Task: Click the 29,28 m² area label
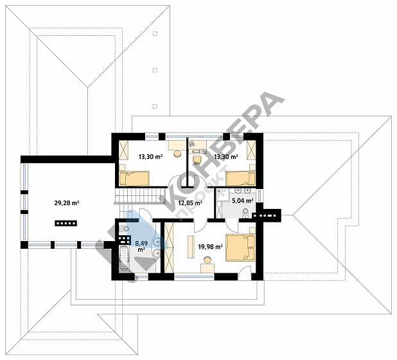point(67,203)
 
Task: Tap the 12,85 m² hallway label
point(190,203)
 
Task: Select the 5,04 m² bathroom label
point(243,201)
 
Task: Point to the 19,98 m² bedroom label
point(211,246)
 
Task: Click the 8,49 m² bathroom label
point(141,246)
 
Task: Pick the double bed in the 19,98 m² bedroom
point(240,248)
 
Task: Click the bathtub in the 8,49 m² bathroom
point(125,258)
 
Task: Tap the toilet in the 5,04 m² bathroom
point(245,212)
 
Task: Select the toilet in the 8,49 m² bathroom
point(123,230)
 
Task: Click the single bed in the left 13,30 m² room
point(134,179)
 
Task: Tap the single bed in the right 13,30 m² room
point(240,179)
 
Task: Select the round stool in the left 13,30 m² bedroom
point(177,154)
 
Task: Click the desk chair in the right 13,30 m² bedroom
point(197,159)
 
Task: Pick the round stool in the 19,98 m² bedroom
point(207,260)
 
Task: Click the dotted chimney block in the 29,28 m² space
point(66,223)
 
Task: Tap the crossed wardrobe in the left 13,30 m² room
point(124,150)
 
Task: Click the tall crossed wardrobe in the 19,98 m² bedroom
point(169,248)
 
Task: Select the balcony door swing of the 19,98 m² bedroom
point(244,273)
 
